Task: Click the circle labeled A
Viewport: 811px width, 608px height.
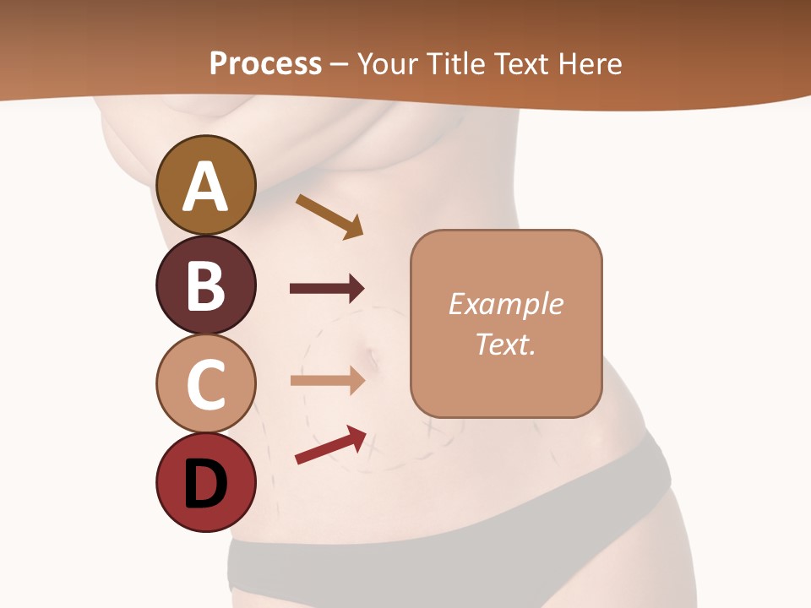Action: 205,185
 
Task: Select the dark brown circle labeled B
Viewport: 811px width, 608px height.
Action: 205,285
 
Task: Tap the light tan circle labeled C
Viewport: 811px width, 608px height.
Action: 205,383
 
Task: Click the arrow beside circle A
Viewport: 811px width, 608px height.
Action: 329,216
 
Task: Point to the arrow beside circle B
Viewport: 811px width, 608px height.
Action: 327,289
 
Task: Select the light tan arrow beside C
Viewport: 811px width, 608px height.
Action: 327,381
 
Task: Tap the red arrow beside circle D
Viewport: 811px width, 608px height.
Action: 330,445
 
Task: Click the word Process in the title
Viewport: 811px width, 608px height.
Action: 265,63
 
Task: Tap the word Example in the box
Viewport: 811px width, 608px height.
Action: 505,304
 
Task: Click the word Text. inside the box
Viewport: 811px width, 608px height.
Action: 505,344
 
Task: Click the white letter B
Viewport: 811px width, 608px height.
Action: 205,285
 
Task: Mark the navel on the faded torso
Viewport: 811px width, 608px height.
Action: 372,359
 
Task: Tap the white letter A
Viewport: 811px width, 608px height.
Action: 205,186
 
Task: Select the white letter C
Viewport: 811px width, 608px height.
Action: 205,384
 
